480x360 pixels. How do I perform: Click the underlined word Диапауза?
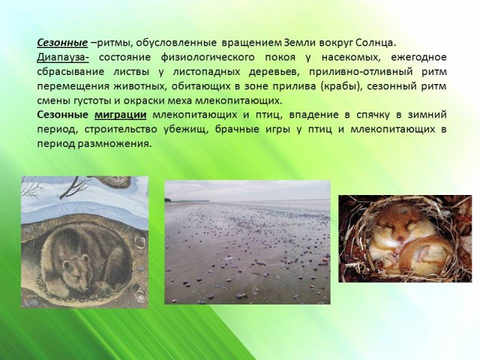(x=63, y=58)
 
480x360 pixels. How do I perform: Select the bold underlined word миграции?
(x=120, y=115)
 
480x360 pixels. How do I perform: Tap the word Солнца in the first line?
(x=376, y=43)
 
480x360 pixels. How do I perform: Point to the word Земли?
(x=301, y=43)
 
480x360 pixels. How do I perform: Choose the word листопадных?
(x=206, y=72)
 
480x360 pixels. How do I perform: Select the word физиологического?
(x=208, y=58)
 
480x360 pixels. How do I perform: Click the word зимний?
(x=427, y=115)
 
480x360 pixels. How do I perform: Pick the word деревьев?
(x=274, y=72)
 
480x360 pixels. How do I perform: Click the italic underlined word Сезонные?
(x=62, y=43)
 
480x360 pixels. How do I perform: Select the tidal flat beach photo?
(x=247, y=242)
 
